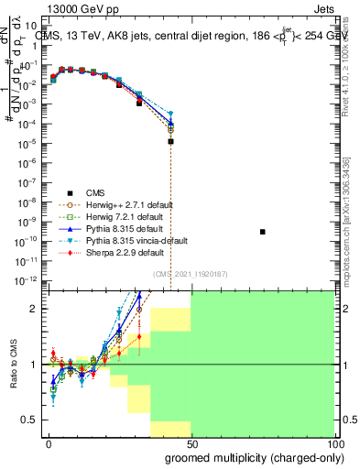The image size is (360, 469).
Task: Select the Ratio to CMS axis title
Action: tap(13, 365)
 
